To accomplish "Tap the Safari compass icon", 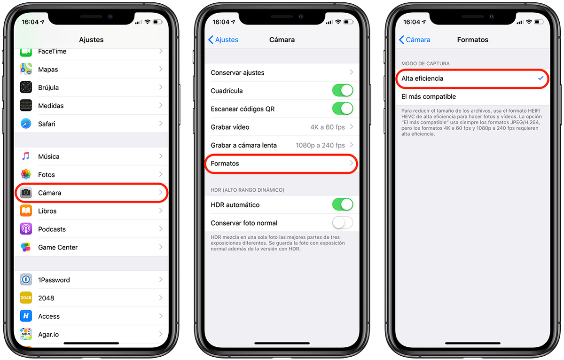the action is coord(26,124).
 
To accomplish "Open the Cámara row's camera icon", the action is coord(26,193).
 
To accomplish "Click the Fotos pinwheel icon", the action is coord(26,174).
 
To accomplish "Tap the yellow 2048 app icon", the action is coord(26,298).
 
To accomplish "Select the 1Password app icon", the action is coord(26,280).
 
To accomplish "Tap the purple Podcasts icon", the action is coord(26,229).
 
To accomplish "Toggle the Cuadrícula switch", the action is coord(343,90).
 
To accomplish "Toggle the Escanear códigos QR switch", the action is coord(343,109).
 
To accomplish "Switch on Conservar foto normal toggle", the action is coord(343,223).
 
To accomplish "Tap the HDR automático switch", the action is coord(343,204).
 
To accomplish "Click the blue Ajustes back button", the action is coord(223,40).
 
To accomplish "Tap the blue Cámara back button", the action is coord(415,40).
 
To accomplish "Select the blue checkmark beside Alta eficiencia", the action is coord(540,78).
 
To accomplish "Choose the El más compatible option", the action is coord(429,97).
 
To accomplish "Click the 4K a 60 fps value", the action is coord(327,127).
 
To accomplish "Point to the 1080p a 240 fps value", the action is coord(320,145).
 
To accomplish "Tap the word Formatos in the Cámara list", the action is coord(225,164).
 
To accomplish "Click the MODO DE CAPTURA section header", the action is coord(425,63).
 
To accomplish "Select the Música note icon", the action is coord(26,157).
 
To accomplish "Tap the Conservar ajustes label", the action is coord(237,73).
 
